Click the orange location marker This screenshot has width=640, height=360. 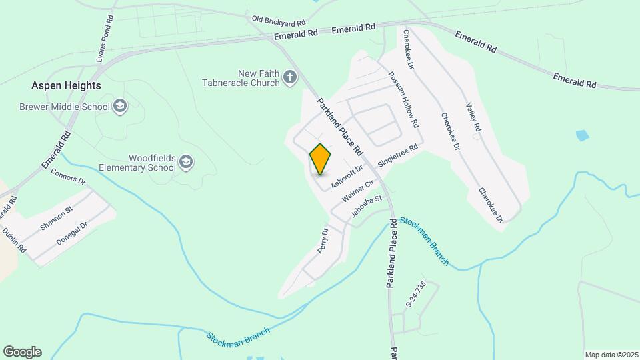click(321, 159)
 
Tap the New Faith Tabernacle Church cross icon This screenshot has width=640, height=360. click(289, 77)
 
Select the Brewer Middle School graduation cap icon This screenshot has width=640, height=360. click(120, 105)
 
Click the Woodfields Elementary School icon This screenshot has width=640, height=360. click(186, 161)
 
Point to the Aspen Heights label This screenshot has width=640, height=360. click(66, 85)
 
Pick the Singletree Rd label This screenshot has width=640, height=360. click(397, 155)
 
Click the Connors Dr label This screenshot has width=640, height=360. click(69, 176)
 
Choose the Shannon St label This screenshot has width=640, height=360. click(56, 218)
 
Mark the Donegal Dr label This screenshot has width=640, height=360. click(72, 234)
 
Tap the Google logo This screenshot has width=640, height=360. click(22, 352)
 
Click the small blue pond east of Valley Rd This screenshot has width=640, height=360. click(582, 135)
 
